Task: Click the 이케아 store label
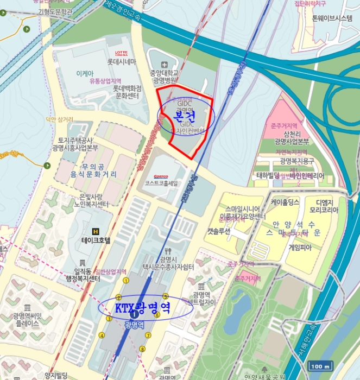coord(85,72)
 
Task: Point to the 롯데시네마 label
coord(124,62)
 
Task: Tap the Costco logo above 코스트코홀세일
coord(161,176)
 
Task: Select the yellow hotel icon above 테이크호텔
coord(96,231)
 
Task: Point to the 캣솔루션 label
coord(218,231)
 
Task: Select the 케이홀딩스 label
coord(285,202)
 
